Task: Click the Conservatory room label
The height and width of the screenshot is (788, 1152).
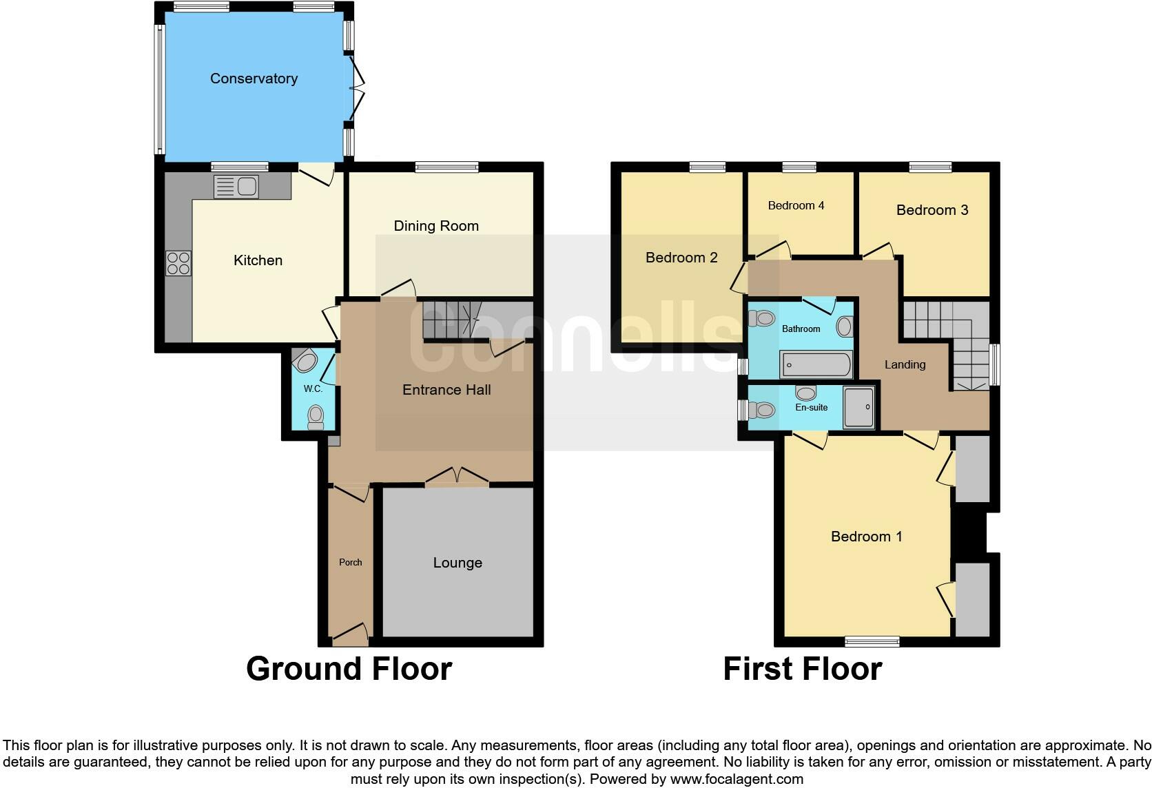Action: point(254,79)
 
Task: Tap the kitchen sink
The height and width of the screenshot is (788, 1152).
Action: point(236,186)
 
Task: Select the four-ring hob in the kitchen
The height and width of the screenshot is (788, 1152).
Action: point(178,263)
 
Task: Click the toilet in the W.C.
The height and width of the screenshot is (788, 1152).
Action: point(316,416)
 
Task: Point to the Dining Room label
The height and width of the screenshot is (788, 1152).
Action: point(436,226)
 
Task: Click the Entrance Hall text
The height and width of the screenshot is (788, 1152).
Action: point(446,390)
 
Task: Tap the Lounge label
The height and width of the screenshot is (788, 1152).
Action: point(457,563)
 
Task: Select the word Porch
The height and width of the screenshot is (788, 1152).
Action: point(350,562)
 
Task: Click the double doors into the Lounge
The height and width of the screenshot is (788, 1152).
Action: point(457,477)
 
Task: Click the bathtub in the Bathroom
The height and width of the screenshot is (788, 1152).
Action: point(816,364)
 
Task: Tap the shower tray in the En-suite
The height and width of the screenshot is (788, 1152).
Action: point(858,407)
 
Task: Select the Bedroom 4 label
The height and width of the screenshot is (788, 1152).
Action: point(796,205)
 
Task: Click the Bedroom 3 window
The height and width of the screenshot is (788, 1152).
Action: point(930,167)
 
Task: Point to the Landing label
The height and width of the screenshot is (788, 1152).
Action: point(905,364)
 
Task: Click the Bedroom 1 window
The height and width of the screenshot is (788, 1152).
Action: point(872,641)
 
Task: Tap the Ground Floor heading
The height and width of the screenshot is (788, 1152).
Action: point(349,669)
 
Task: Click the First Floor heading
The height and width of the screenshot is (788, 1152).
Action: point(802,669)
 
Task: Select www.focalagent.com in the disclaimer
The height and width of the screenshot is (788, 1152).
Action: point(736,779)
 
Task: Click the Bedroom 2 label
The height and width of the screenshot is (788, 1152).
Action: point(681,258)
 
